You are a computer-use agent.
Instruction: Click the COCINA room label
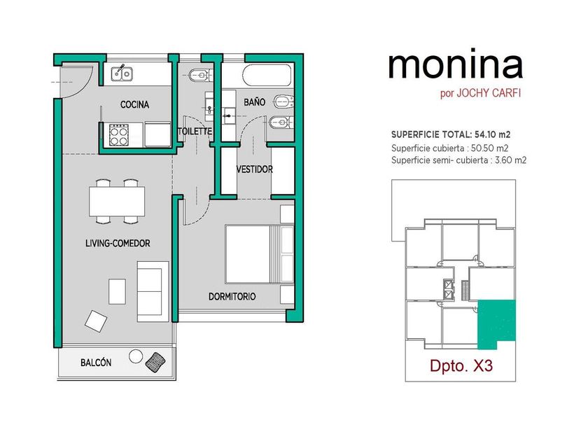(x=134, y=104)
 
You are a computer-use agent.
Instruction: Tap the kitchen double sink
(x=122, y=73)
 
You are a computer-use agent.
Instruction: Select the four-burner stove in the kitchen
(x=119, y=135)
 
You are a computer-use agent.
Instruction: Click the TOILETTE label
(x=195, y=132)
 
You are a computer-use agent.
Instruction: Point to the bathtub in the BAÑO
(x=267, y=76)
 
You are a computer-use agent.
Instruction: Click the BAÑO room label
(x=254, y=102)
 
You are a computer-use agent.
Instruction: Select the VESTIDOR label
(x=255, y=169)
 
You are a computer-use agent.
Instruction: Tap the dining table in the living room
(x=117, y=202)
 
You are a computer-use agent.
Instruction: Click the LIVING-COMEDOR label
(x=118, y=244)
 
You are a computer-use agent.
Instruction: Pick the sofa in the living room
(x=153, y=291)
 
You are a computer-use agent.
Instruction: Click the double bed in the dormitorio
(x=260, y=254)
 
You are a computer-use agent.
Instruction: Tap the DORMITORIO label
(x=232, y=297)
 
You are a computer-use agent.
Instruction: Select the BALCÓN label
(x=96, y=363)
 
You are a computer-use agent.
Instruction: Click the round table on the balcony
(x=136, y=356)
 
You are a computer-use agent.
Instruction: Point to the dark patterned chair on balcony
(x=155, y=363)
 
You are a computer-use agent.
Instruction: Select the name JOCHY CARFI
(x=489, y=93)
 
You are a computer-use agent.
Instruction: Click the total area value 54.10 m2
(x=492, y=134)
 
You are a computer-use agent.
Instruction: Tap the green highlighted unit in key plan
(x=496, y=324)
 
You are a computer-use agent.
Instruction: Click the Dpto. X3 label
(x=461, y=365)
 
